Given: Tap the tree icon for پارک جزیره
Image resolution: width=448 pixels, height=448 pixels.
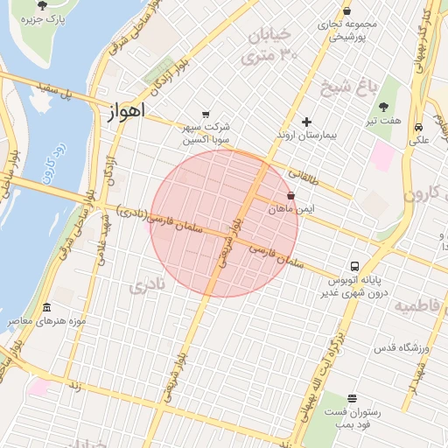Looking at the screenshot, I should pyautogui.click(x=43, y=5).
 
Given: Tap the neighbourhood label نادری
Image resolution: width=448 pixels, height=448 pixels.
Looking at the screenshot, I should pyautogui.click(x=146, y=286).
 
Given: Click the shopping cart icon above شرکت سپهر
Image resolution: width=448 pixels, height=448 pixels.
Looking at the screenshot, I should pyautogui.click(x=206, y=114).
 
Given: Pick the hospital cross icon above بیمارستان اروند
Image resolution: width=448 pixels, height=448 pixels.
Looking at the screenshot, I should pyautogui.click(x=305, y=122).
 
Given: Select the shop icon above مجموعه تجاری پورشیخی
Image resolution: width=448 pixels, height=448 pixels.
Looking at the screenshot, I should pyautogui.click(x=348, y=10).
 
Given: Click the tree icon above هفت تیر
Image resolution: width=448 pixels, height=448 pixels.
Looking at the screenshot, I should pyautogui.click(x=383, y=106).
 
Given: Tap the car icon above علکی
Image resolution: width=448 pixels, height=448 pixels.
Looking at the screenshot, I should pyautogui.click(x=419, y=126).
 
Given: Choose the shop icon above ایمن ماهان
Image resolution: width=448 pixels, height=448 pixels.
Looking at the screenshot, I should pyautogui.click(x=290, y=196).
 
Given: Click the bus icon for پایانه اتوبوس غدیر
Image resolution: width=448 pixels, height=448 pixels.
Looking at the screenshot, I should pyautogui.click(x=354, y=266).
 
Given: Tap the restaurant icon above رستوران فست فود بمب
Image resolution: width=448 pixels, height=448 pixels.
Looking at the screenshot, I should pyautogui.click(x=352, y=398).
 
